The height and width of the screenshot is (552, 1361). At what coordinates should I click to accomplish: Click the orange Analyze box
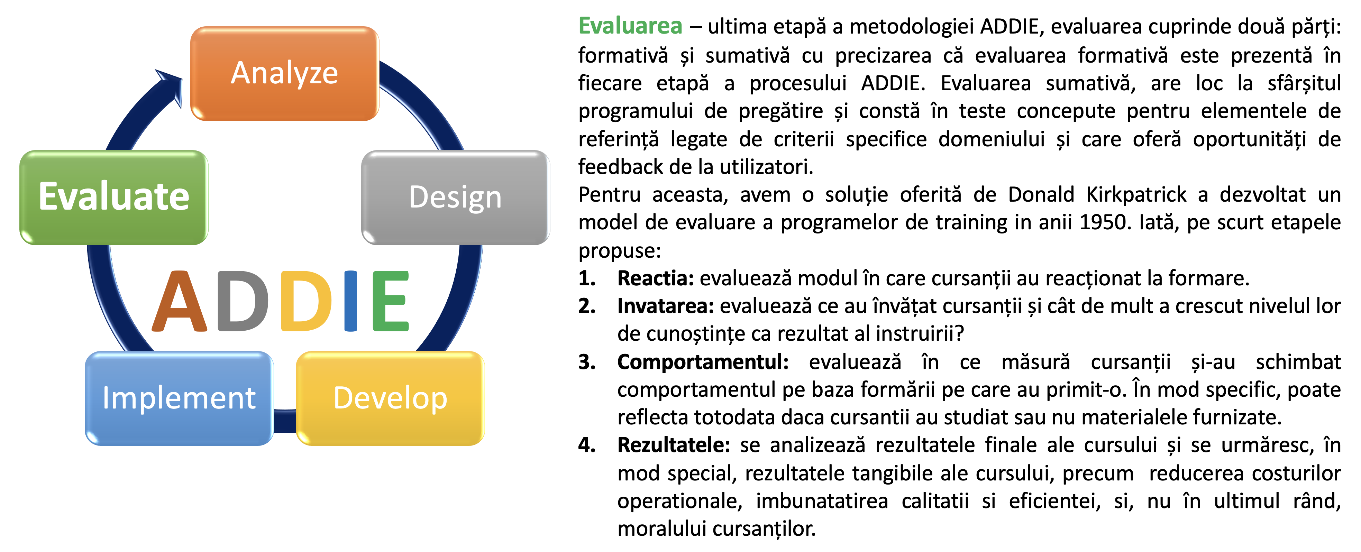(x=285, y=73)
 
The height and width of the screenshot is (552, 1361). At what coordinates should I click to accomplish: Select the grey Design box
(x=455, y=197)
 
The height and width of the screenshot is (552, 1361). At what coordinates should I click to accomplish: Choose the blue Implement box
(x=179, y=398)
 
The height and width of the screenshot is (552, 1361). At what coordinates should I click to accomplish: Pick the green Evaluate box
(x=114, y=197)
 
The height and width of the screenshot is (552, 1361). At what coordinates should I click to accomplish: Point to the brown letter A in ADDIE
(x=180, y=301)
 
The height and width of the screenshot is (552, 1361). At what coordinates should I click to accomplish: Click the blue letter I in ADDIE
(x=351, y=301)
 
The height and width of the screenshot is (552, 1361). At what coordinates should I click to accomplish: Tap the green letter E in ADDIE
(x=391, y=301)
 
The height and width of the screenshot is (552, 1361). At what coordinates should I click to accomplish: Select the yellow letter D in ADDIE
(x=307, y=301)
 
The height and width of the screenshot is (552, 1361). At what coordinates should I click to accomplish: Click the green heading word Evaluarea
(x=630, y=26)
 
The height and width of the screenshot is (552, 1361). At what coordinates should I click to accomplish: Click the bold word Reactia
(x=656, y=278)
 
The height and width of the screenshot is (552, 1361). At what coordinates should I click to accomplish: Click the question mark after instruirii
(x=959, y=334)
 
